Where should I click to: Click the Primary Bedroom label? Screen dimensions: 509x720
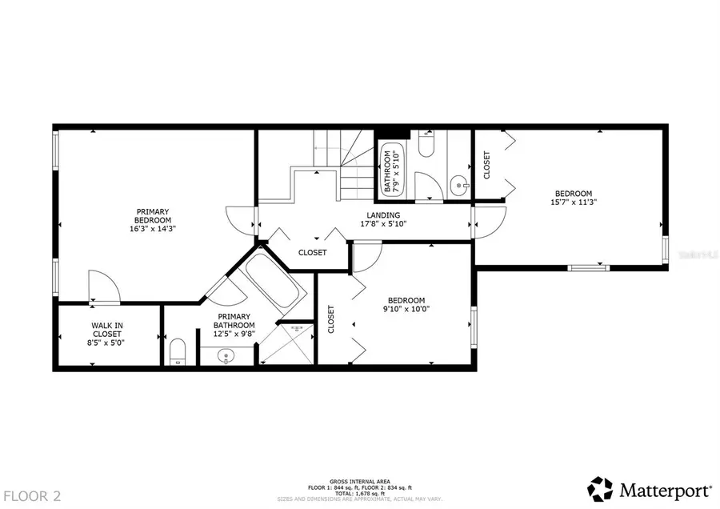pos(153,215)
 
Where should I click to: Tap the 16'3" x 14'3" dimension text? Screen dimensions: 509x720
pos(153,228)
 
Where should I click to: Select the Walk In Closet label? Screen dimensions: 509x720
pos(107,330)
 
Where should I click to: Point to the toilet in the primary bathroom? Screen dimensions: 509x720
pos(178,351)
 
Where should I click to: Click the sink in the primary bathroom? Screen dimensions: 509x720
pos(226,355)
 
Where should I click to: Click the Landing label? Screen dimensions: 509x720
pos(378,214)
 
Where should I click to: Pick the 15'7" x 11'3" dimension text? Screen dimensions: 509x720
pos(574,202)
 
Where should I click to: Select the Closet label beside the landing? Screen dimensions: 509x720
pos(312,252)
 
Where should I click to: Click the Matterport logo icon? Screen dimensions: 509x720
pos(601,488)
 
